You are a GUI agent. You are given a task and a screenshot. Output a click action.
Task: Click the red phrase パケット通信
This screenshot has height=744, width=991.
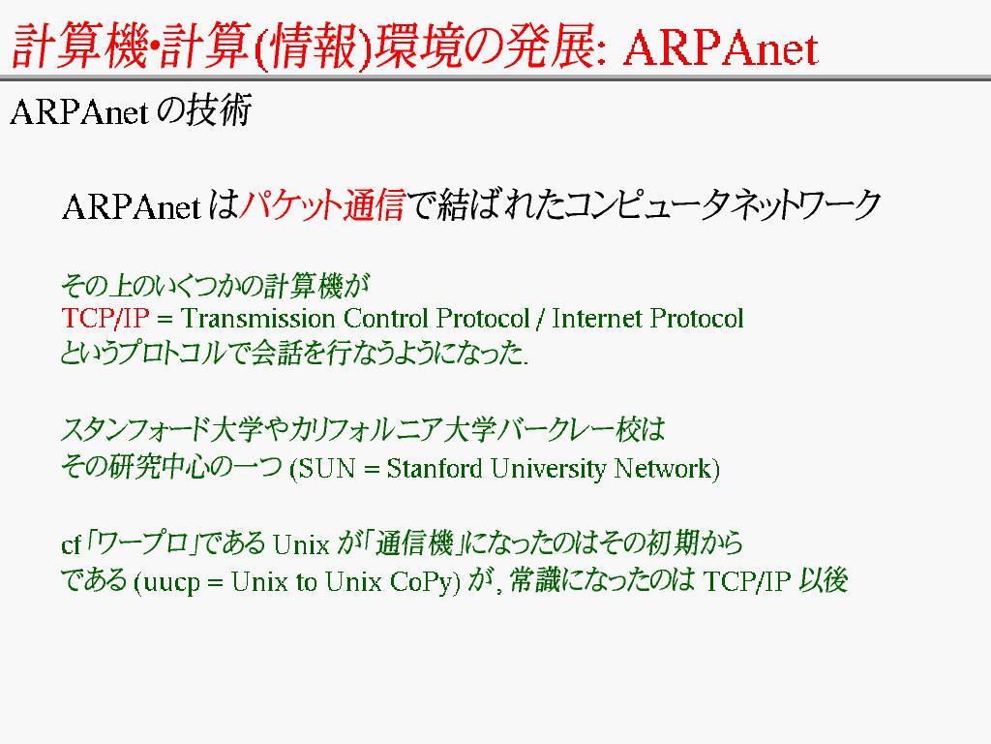click(322, 205)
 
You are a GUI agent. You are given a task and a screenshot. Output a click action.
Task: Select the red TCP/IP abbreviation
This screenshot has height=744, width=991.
click(105, 318)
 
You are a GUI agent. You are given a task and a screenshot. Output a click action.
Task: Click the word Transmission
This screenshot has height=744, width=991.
click(257, 318)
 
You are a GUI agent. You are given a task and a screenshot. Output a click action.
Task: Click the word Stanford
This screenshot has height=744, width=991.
click(435, 469)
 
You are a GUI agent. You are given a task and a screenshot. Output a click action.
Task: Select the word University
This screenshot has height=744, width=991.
click(548, 470)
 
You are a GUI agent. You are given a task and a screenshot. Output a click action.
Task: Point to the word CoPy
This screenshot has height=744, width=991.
click(421, 582)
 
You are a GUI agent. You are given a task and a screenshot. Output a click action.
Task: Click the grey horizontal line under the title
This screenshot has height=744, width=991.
click(495, 78)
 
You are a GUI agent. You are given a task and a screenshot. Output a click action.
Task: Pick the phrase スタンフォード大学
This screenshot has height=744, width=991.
click(162, 429)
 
